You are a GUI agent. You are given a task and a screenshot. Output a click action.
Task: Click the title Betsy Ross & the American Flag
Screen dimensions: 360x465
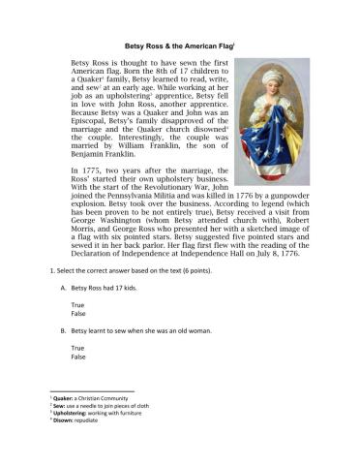click(180, 44)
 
